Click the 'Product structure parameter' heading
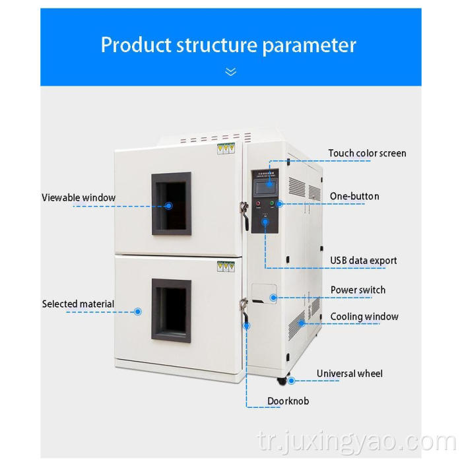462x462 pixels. click(228, 45)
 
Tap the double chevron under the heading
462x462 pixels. click(230, 71)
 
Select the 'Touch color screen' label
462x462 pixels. click(367, 153)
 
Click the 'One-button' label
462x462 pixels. click(354, 196)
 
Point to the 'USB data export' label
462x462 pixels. click(364, 260)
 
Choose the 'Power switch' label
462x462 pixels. click(358, 290)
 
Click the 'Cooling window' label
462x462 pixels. click(364, 316)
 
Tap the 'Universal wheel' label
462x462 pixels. click(349, 374)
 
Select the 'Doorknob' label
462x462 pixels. click(288, 401)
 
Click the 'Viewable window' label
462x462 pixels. click(79, 197)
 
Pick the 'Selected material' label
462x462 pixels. click(78, 304)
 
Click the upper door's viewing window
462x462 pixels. click(172, 204)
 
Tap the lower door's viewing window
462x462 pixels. click(172, 310)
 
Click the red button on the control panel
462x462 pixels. click(257, 203)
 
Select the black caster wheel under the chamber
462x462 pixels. click(282, 381)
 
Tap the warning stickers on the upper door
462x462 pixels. click(226, 149)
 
